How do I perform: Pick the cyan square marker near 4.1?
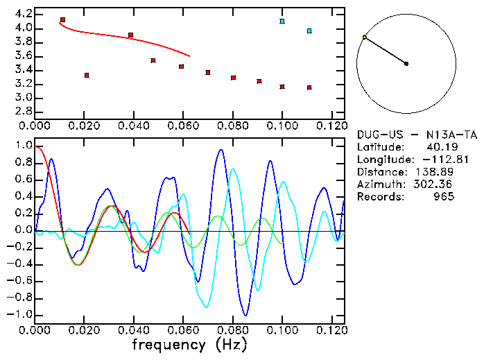(282, 22)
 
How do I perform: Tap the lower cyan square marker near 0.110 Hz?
(309, 31)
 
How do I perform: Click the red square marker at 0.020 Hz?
(87, 75)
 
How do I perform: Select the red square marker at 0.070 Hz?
(208, 72)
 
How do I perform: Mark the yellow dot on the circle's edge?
(365, 37)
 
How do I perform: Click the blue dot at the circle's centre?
(406, 64)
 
